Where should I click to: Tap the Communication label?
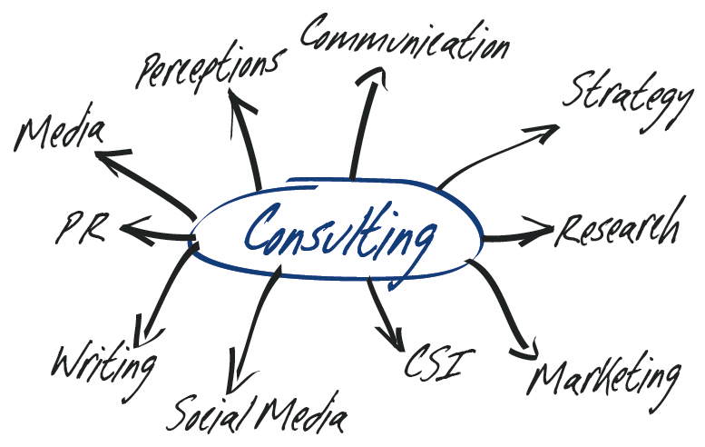coord(404,38)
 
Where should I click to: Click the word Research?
coord(619,229)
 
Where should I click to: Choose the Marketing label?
coord(605,374)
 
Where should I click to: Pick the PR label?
coord(84,228)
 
